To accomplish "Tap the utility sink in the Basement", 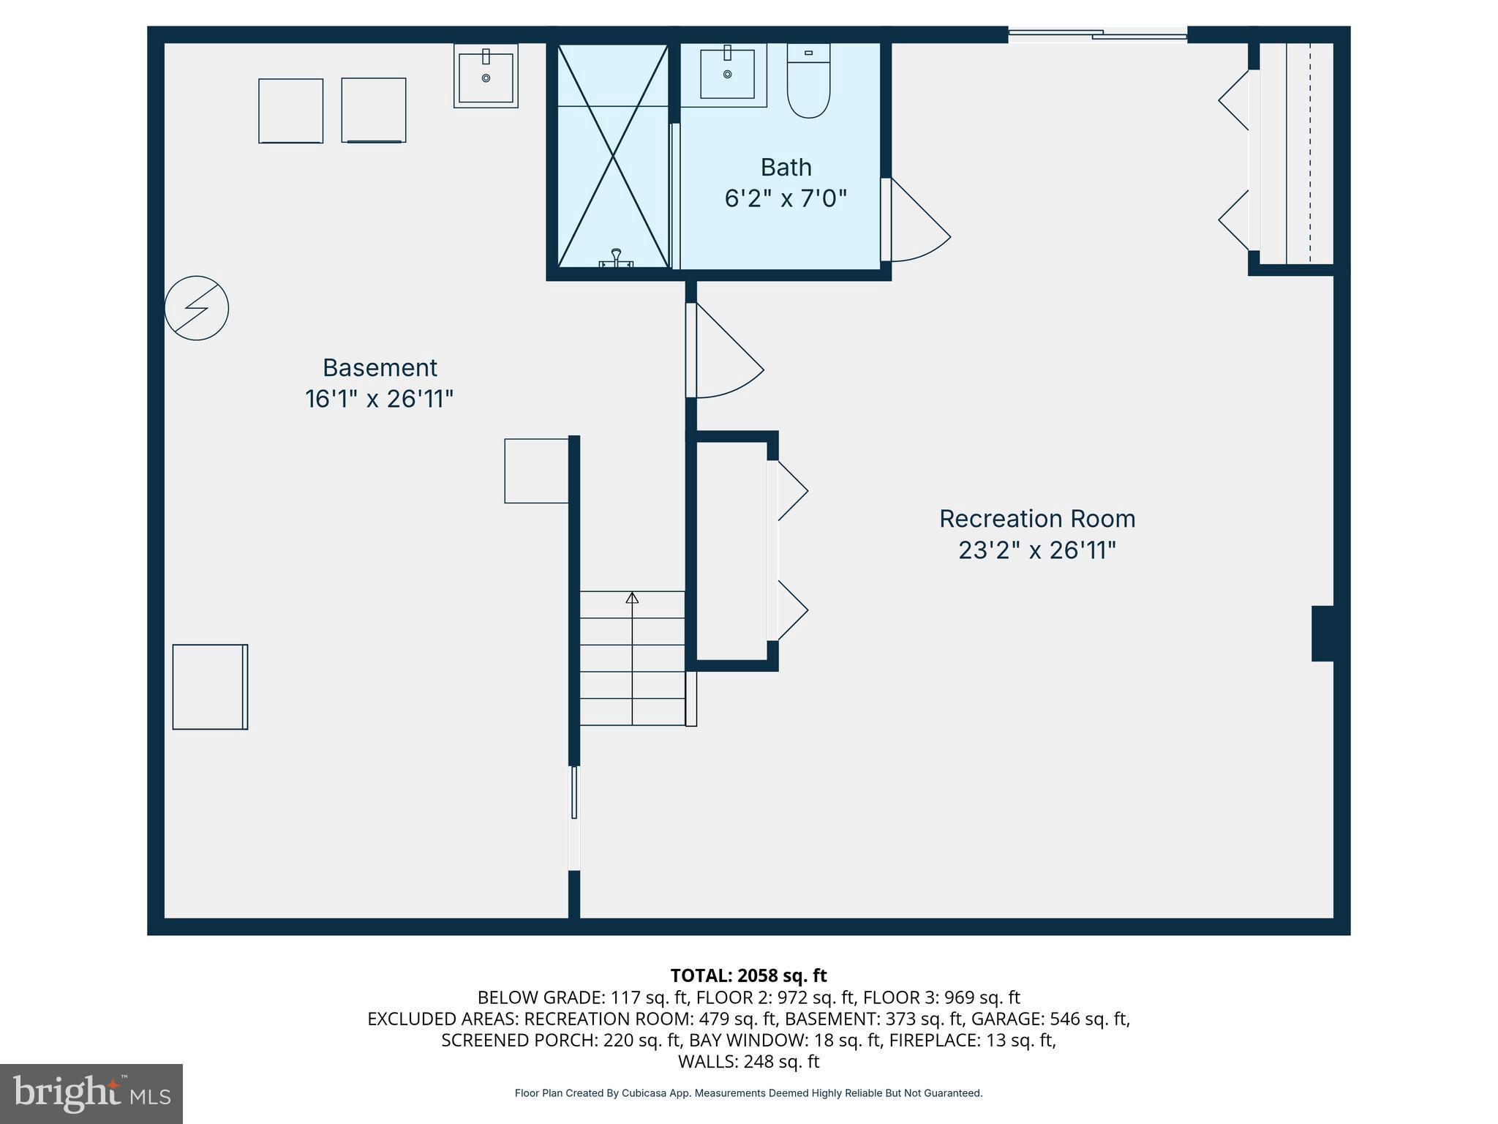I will click(x=486, y=75).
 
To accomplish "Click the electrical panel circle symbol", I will click(x=196, y=308).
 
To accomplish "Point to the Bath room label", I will click(x=786, y=168).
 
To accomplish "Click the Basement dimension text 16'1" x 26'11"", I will click(x=379, y=399).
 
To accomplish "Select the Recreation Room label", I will click(x=1036, y=519).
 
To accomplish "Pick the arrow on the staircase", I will click(x=632, y=598).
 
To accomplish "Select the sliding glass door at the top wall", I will click(x=1097, y=33).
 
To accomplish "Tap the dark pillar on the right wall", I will click(x=1322, y=633).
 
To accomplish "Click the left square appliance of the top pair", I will click(x=290, y=110).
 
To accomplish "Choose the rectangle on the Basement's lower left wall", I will click(x=210, y=686).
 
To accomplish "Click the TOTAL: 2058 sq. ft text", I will click(x=748, y=975).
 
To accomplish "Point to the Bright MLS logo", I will click(x=91, y=1093).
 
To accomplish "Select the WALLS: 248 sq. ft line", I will click(x=748, y=1061).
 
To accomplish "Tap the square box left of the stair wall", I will click(x=536, y=471).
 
